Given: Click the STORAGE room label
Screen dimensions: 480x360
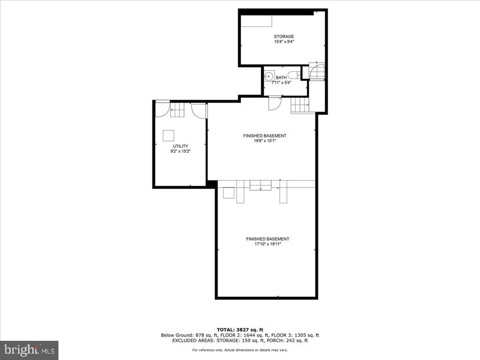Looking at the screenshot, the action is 284,37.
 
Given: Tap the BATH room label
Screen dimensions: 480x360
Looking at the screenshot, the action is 281,78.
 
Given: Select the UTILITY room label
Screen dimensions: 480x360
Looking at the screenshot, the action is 180,146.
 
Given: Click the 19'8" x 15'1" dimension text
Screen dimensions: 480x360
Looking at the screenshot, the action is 264,141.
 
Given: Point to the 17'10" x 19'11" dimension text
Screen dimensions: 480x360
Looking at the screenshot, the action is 268,244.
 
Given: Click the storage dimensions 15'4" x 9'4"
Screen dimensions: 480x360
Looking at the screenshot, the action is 284,42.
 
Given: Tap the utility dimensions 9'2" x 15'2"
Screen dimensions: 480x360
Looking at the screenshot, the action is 180,151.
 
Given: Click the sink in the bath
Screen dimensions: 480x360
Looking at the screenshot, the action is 270,75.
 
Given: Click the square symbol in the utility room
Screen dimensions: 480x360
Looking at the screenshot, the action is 168,135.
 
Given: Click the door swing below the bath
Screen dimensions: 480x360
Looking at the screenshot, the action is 275,103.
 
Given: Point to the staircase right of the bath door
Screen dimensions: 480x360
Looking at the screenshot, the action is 300,106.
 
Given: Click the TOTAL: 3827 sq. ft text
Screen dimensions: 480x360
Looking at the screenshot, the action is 240,330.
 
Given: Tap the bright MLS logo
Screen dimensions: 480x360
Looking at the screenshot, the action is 29,350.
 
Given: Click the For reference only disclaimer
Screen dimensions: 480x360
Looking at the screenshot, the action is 240,350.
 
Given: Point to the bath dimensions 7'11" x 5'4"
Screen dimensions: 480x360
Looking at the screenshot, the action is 281,82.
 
